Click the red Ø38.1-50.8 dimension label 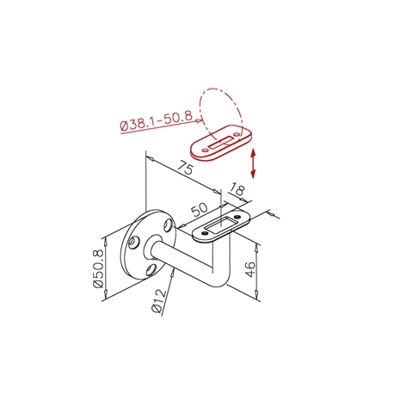coord(157,120)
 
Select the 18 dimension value coord(237,189)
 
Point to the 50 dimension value coord(200,210)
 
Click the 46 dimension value coord(250,268)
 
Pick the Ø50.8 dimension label coord(98,268)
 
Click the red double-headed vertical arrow coord(253,163)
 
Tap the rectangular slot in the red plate coord(221,143)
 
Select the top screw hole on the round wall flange coord(169,225)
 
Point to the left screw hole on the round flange coord(133,243)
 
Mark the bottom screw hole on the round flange coord(151,270)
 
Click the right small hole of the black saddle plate coord(237,217)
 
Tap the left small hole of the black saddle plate coord(203,234)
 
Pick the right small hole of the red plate coord(237,134)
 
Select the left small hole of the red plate coord(205,150)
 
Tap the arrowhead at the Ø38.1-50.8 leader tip coord(199,121)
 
